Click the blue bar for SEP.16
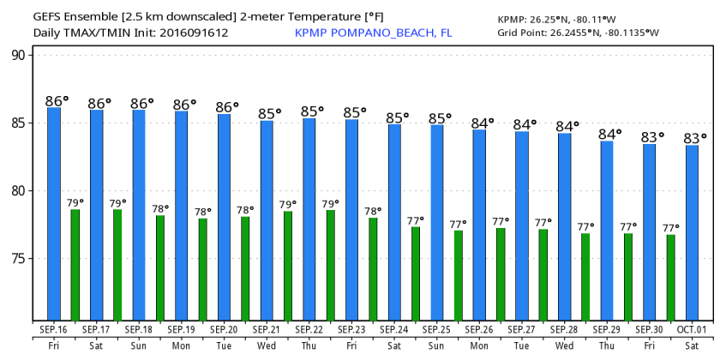(54, 214)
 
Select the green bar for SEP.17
(117, 266)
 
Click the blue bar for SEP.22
(309, 219)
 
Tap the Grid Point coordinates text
(579, 33)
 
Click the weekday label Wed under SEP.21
(266, 345)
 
